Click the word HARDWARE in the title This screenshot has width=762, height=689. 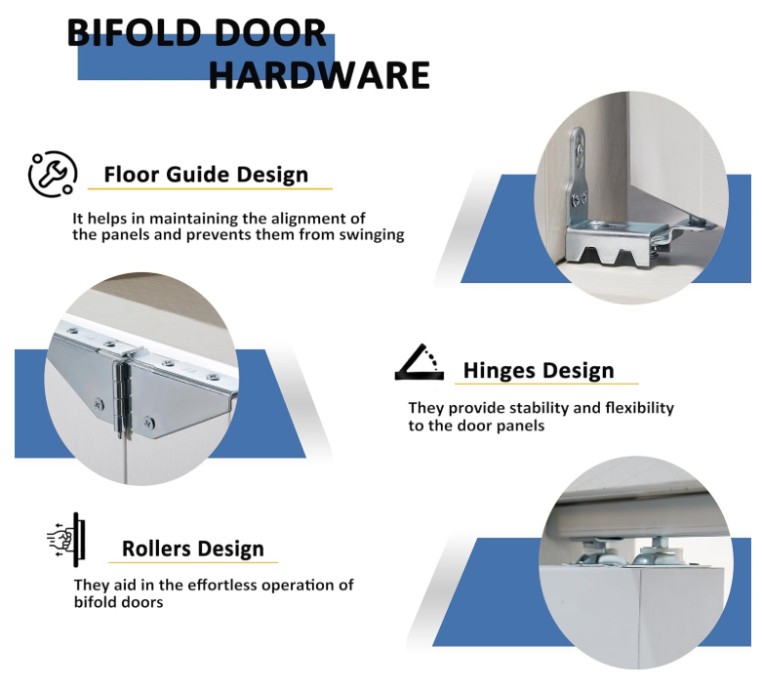point(319,75)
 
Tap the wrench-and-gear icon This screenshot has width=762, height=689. point(52,175)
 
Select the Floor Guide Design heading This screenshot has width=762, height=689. point(206,176)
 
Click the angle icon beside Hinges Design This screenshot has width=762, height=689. point(419,362)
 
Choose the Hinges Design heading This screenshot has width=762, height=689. point(539,371)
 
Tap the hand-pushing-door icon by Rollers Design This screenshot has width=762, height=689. point(66,538)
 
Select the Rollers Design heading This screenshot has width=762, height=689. point(192,548)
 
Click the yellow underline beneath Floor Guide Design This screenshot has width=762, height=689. point(210,189)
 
